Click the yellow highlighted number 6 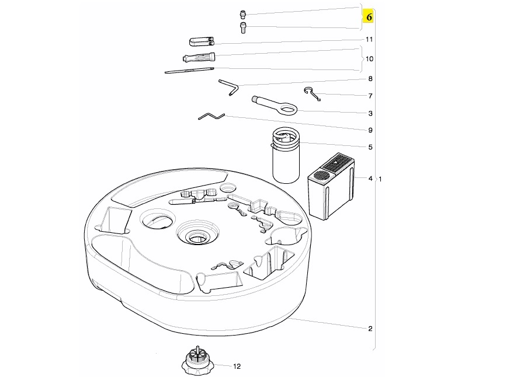[369, 17]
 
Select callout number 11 [369, 39]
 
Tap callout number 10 [369, 59]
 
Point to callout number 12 [237, 367]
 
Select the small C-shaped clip [313, 93]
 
